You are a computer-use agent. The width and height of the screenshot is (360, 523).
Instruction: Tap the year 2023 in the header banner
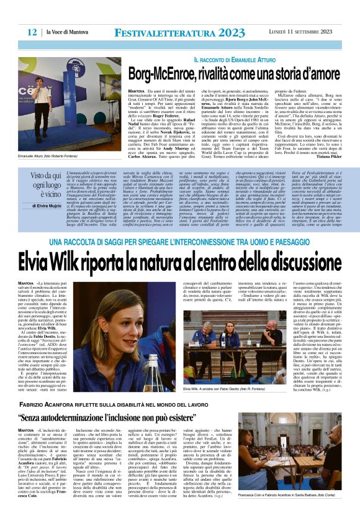[x=228, y=32]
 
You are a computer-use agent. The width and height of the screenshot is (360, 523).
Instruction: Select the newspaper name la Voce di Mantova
[x=66, y=32]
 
